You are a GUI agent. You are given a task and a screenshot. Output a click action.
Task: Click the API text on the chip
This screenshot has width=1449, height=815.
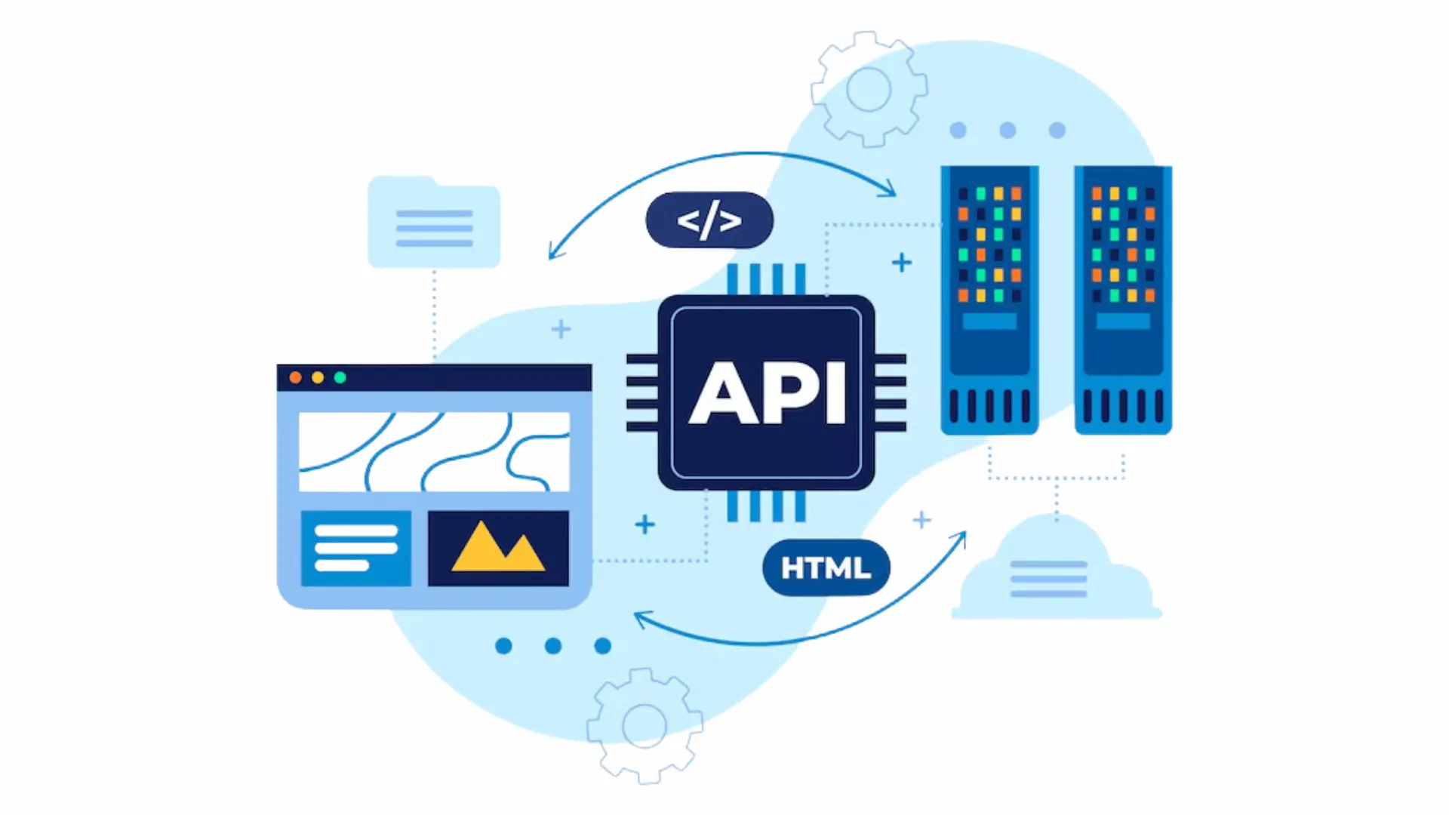pyautogui.click(x=767, y=392)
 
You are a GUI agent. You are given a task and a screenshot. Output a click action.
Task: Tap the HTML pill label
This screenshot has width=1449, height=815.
pyautogui.click(x=826, y=567)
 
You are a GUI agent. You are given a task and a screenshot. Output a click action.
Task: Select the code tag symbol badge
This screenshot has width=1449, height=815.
pyautogui.click(x=709, y=220)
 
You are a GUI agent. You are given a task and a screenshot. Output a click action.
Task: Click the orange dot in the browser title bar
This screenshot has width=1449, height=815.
pyautogui.click(x=296, y=377)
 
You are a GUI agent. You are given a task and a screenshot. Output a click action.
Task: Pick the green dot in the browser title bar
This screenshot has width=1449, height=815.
pyautogui.click(x=340, y=377)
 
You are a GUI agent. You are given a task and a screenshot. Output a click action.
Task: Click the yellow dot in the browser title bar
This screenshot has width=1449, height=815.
pyautogui.click(x=318, y=377)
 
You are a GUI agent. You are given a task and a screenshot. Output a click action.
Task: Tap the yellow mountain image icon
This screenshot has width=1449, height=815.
pyautogui.click(x=498, y=548)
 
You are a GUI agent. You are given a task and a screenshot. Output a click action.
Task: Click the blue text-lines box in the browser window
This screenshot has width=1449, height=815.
pyautogui.click(x=356, y=548)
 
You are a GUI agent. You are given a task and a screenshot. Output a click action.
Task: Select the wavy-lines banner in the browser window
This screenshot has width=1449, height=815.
pyautogui.click(x=434, y=451)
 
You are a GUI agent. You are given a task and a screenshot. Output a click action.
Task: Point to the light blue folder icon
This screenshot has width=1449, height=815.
pyautogui.click(x=434, y=222)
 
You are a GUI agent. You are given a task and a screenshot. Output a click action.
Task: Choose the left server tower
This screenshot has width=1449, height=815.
pyautogui.click(x=989, y=300)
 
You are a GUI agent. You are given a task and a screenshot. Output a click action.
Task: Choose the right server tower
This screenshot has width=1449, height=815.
pyautogui.click(x=1123, y=300)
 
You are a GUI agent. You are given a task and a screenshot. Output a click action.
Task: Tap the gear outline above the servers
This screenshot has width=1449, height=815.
pyautogui.click(x=869, y=89)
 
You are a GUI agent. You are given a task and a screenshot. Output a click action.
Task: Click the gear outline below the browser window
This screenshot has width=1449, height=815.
pyautogui.click(x=645, y=726)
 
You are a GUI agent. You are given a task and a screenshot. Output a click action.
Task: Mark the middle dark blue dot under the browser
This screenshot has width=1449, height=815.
pyautogui.click(x=553, y=646)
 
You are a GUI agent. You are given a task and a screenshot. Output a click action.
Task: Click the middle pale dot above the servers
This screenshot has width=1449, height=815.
pyautogui.click(x=1008, y=131)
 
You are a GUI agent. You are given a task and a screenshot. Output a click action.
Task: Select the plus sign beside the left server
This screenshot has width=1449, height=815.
pyautogui.click(x=902, y=263)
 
